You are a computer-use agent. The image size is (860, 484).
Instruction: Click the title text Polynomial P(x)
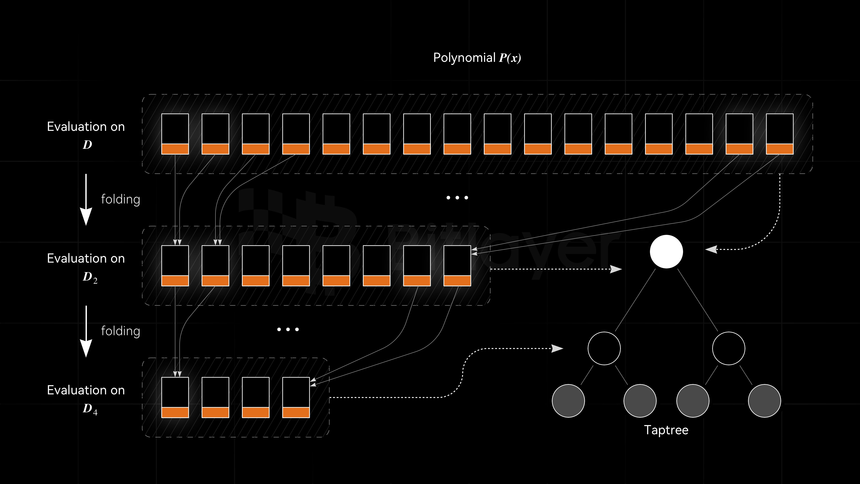(x=477, y=58)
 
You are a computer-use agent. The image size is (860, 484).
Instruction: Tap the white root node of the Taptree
(x=666, y=251)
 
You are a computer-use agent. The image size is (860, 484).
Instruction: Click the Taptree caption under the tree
(x=666, y=430)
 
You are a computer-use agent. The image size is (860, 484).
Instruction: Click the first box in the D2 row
(x=175, y=266)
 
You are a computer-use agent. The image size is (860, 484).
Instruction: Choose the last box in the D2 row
(x=457, y=266)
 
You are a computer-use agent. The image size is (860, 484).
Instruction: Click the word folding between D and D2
(x=120, y=199)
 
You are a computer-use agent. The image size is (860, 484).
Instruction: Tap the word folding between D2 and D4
(x=120, y=331)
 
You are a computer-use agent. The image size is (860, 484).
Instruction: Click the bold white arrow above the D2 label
(x=86, y=199)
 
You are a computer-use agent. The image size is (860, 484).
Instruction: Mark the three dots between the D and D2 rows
(x=457, y=198)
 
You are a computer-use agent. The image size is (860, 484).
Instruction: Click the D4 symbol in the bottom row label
(x=90, y=409)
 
